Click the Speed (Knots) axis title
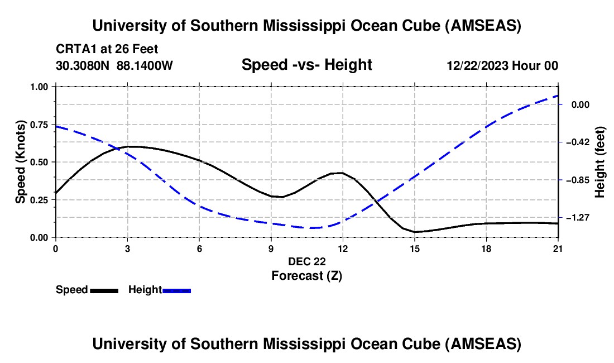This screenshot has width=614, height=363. pyautogui.click(x=21, y=161)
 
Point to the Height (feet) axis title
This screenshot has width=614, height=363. pyautogui.click(x=600, y=162)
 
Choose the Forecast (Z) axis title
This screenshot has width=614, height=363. pyautogui.click(x=306, y=275)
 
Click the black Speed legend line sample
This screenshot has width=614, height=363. pyautogui.click(x=104, y=290)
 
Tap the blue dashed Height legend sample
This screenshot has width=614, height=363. pyautogui.click(x=177, y=290)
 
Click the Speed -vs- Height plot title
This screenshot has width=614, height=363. pyautogui.click(x=306, y=65)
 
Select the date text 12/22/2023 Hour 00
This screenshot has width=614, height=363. pyautogui.click(x=502, y=65)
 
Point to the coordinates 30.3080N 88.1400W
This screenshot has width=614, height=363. pyautogui.click(x=114, y=65)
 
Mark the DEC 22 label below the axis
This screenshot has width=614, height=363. pyautogui.click(x=306, y=261)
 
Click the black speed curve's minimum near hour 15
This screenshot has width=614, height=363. pyautogui.click(x=415, y=232)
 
